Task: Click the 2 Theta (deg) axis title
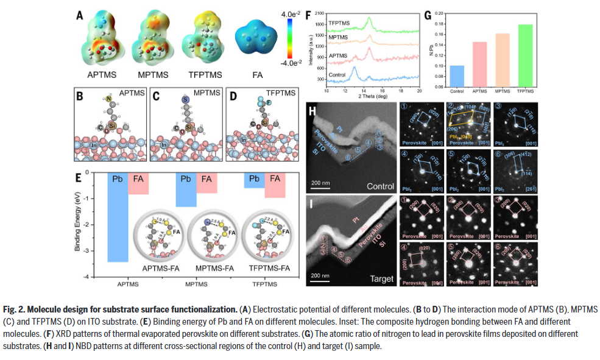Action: [373, 96]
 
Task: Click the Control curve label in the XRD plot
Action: [337, 75]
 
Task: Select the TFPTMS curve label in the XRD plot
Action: [339, 23]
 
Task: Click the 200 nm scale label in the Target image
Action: [322, 275]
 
